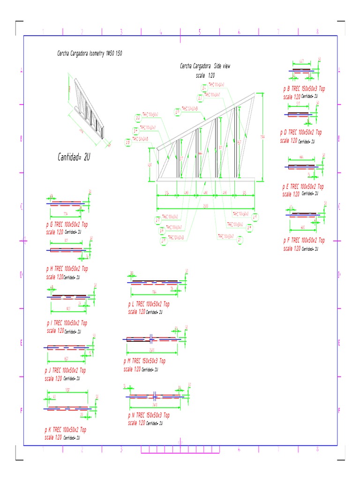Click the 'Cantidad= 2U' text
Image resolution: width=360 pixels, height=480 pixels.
pos(74,158)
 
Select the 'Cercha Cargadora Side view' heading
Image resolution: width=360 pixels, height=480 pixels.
pos(205,67)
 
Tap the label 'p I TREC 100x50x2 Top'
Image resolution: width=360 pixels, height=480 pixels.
pos(67,323)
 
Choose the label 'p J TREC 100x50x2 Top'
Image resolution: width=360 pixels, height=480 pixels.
pos(65,371)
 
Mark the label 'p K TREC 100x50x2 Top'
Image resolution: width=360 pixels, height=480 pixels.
pos(65,429)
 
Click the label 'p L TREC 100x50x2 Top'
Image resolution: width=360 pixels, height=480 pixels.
pos(149,304)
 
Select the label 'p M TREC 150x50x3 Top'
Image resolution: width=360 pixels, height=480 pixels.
pos(144,361)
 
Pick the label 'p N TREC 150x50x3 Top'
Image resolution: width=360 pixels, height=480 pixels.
pos(149,415)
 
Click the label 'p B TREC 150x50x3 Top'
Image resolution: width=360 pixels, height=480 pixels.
pos(304,89)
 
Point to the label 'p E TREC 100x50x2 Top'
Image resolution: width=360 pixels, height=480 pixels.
pos(303,187)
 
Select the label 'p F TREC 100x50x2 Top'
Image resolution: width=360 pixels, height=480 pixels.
pos(304,240)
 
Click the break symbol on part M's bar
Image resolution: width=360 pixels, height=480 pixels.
pos(151,338)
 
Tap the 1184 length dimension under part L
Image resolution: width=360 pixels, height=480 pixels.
pos(155,292)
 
